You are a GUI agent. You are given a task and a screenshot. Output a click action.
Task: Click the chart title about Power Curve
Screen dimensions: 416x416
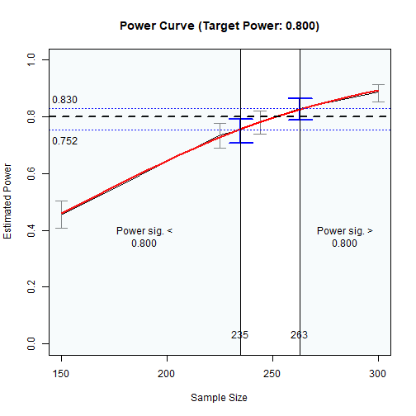coord(219,26)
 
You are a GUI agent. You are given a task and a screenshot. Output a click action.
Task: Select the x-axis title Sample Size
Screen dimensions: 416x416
coord(219,397)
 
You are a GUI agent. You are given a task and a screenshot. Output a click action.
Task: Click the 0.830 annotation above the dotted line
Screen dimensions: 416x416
coord(65,101)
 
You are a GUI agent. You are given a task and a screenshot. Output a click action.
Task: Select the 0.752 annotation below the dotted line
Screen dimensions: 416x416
coord(65,141)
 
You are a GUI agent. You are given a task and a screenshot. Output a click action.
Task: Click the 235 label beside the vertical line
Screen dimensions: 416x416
coord(239,335)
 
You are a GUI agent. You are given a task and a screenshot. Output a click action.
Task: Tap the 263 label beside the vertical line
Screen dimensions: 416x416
coord(299,335)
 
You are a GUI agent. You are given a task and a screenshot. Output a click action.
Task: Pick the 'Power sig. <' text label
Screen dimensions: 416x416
coord(144,231)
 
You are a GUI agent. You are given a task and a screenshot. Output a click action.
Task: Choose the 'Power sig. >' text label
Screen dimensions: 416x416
coord(345,231)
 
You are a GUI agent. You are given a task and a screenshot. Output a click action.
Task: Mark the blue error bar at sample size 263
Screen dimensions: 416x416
coord(300,108)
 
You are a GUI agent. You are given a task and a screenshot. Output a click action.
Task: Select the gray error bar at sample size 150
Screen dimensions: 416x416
coord(61,214)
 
